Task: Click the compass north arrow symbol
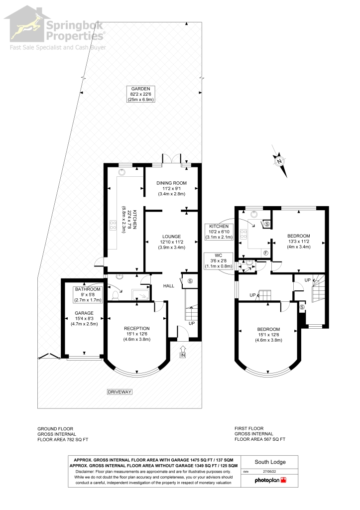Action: (x=280, y=161)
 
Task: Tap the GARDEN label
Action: (x=141, y=89)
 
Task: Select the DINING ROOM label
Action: (x=171, y=183)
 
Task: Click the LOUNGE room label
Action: (x=171, y=236)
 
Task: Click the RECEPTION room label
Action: (x=137, y=328)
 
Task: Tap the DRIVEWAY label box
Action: (x=120, y=392)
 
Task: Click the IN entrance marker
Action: (x=182, y=355)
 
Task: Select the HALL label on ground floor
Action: (x=169, y=286)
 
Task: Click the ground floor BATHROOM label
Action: (x=88, y=289)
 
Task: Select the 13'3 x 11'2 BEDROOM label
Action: (x=298, y=236)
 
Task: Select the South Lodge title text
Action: (x=269, y=461)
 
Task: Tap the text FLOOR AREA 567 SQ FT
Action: (x=259, y=439)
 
